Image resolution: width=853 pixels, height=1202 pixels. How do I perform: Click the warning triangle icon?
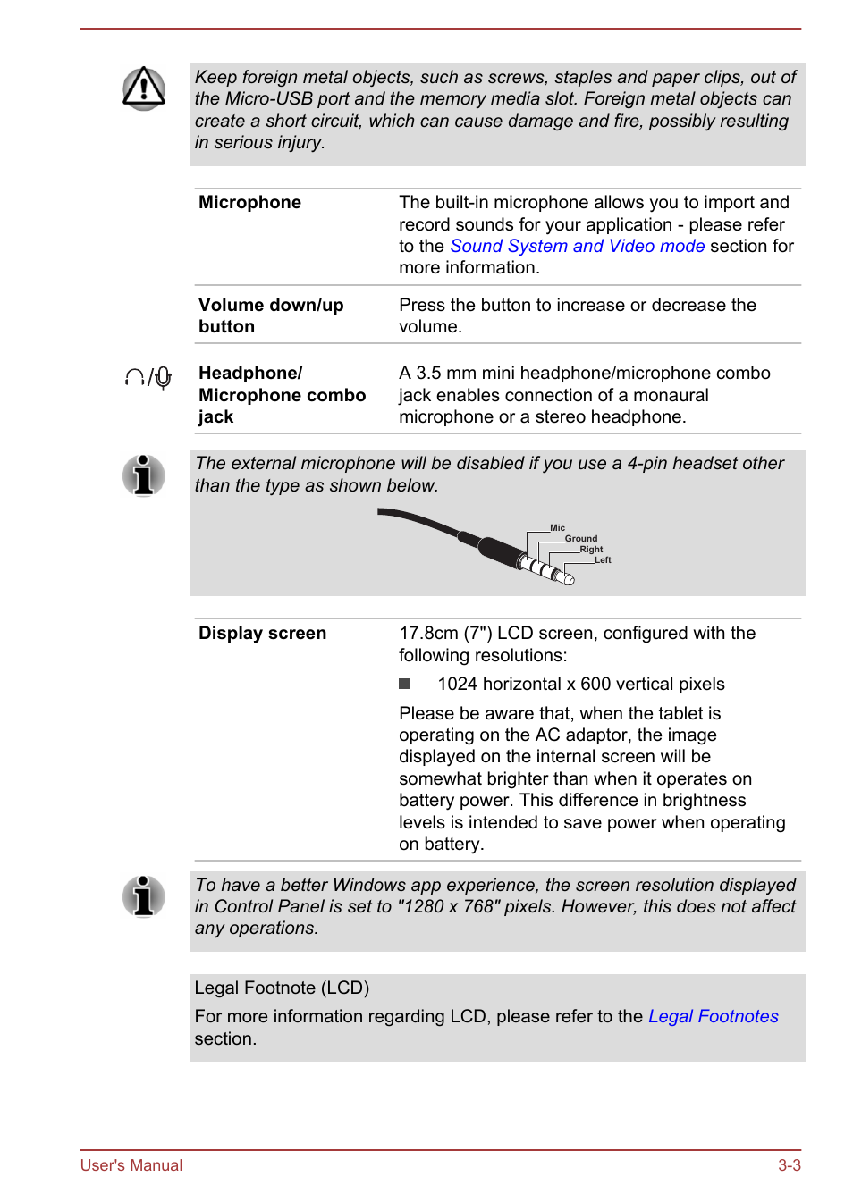point(144,88)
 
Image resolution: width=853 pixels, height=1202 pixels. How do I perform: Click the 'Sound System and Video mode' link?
point(577,246)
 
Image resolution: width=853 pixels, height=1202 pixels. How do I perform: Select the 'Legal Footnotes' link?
point(713,1016)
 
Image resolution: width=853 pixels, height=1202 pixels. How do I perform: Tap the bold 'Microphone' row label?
point(249,203)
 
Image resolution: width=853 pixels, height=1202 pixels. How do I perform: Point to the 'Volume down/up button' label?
point(270,315)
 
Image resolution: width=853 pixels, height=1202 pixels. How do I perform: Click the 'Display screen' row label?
point(262,633)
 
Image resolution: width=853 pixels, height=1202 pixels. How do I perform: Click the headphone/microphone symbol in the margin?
point(148,378)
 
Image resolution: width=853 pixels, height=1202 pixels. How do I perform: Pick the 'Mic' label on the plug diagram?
point(557,528)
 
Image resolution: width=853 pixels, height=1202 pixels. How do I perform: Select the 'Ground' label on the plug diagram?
point(580,539)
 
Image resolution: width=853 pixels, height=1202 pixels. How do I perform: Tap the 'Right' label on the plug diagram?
point(591,550)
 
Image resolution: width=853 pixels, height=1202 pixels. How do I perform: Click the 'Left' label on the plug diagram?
point(603,560)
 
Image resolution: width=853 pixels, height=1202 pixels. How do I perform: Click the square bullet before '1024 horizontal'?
point(404,684)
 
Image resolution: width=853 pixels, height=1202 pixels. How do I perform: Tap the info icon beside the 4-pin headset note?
point(144,475)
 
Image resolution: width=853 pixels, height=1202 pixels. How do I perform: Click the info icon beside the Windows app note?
point(144,896)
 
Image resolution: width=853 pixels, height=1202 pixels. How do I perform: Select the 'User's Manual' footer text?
point(131,1165)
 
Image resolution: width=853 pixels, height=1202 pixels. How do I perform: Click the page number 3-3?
point(789,1165)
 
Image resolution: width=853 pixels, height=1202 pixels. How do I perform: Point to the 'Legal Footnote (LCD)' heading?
point(282,988)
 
